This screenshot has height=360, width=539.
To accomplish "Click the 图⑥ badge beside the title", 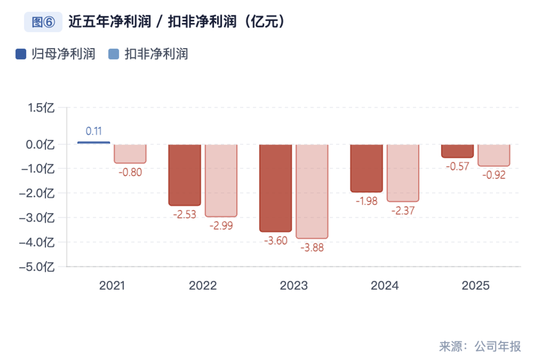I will click(x=43, y=22).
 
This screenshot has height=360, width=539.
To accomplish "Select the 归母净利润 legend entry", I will click(x=56, y=54).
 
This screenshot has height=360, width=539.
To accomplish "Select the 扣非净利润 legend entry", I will click(x=149, y=54).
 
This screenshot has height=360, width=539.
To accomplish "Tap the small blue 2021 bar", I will click(x=93, y=142).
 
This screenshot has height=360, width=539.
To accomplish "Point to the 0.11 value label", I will click(x=93, y=131).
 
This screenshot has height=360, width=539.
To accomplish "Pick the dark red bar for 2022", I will click(x=184, y=174).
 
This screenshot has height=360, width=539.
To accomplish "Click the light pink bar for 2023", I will click(x=312, y=191).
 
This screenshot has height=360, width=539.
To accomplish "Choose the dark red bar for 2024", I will click(x=366, y=168).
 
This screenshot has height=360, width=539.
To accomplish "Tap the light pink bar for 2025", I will click(x=493, y=155).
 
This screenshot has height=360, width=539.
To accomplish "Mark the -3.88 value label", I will click(x=312, y=247).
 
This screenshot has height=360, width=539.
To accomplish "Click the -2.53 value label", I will click(x=184, y=214).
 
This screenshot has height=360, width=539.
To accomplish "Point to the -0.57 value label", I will click(x=457, y=166).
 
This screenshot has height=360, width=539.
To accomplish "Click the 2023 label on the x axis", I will click(x=294, y=285).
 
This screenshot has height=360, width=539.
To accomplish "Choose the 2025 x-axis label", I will click(x=475, y=285).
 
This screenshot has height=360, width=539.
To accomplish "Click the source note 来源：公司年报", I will click(x=480, y=346).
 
